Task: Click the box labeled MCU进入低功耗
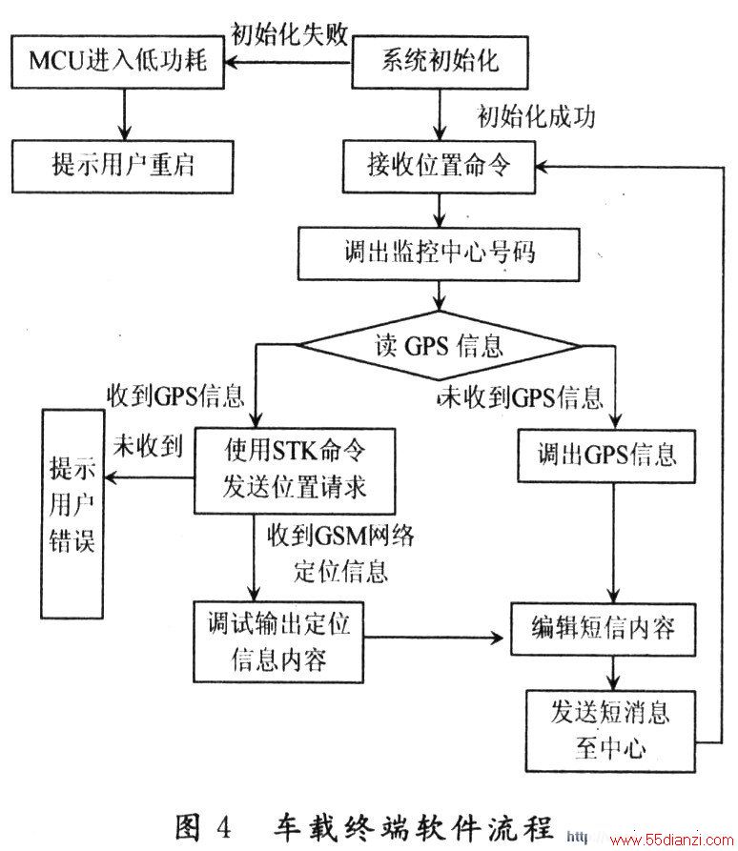(118, 61)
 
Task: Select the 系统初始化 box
(440, 62)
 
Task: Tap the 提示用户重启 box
(123, 166)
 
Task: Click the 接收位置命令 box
(439, 166)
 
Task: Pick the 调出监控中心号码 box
(439, 253)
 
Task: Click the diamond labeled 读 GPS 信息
(439, 346)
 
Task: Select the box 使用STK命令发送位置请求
(295, 471)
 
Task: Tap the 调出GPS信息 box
(606, 456)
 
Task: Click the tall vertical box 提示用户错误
(72, 514)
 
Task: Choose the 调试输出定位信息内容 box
(278, 641)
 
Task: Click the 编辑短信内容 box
(604, 629)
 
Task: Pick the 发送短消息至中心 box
(610, 731)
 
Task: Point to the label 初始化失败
(290, 33)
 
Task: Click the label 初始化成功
(536, 116)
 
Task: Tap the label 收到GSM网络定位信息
(340, 553)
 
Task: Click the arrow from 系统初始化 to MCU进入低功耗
(288, 62)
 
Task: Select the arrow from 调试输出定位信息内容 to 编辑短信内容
(434, 638)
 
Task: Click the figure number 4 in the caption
(224, 828)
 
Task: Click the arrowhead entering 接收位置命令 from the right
(543, 167)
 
